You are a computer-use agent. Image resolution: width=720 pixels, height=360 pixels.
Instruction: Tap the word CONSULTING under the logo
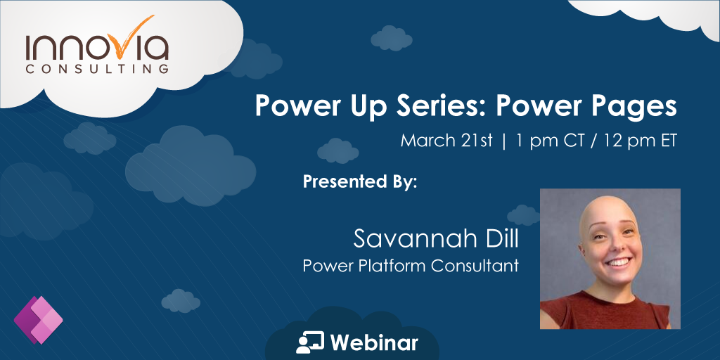tap(97, 69)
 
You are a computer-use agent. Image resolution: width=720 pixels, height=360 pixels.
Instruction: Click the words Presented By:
tap(360, 181)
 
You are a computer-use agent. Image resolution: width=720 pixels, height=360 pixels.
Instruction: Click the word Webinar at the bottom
tap(374, 342)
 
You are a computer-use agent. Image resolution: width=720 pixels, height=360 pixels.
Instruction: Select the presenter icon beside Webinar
tap(310, 342)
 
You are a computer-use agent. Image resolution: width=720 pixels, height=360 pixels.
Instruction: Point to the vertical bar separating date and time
tap(503, 140)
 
